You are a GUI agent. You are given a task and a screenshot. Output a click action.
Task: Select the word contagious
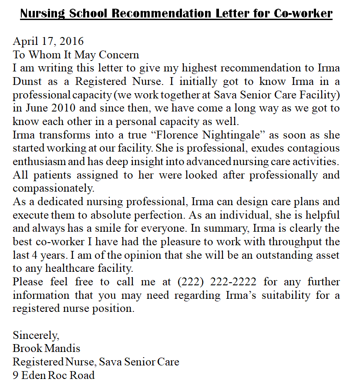pos(310,148)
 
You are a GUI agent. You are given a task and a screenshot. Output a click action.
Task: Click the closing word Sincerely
pos(36,335)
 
